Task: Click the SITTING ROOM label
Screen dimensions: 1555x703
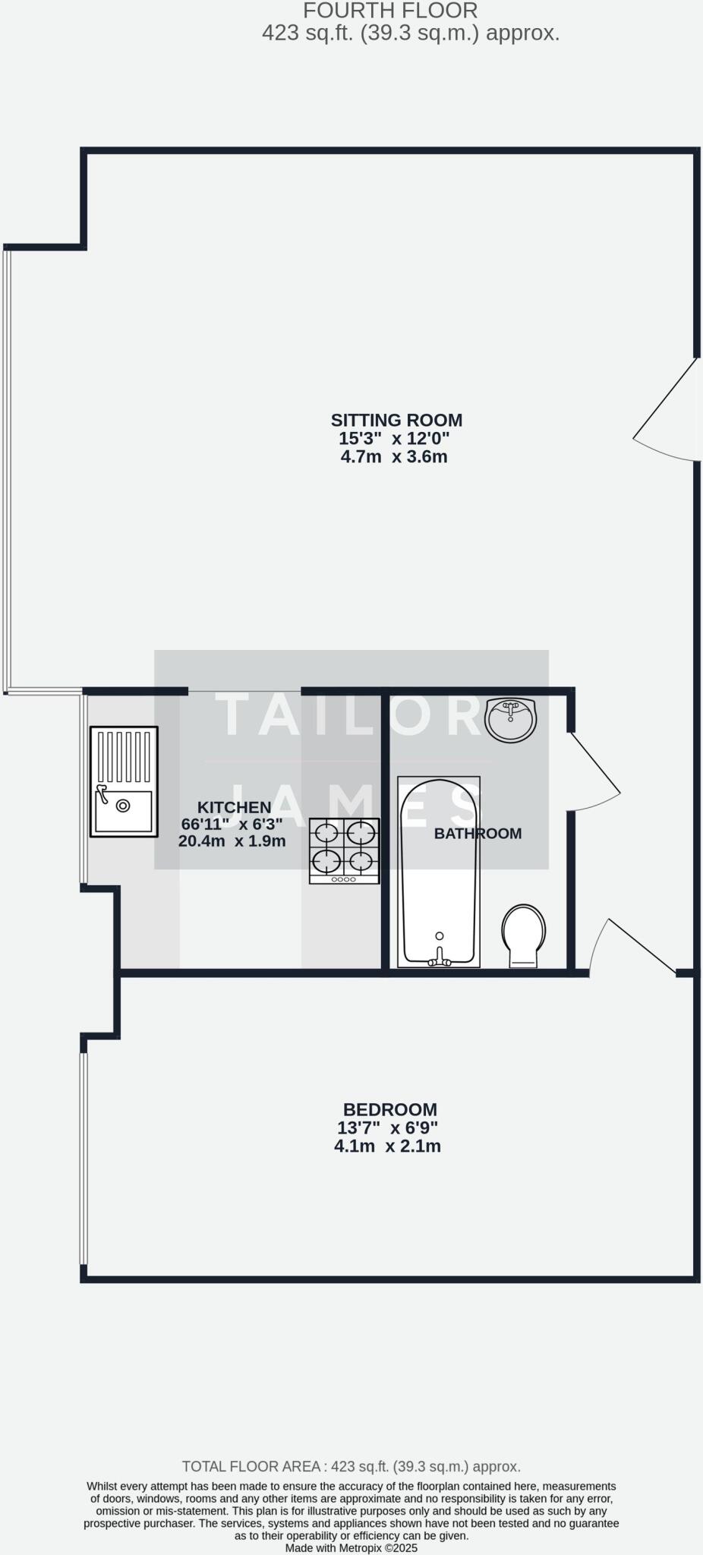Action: [396, 420]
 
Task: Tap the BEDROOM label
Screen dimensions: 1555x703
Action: [389, 1109]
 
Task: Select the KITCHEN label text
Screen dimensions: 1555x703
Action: [234, 807]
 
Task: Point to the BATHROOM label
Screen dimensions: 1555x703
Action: [478, 833]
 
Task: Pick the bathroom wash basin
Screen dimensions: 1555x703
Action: [511, 719]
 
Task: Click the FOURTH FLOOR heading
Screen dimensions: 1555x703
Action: [390, 11]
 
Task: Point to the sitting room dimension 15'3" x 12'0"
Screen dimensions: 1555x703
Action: [394, 438]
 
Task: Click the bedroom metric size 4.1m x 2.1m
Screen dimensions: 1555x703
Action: [387, 1146]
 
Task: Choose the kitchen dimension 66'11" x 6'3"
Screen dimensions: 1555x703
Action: [232, 824]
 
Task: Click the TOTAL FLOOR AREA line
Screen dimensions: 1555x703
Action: [351, 1466]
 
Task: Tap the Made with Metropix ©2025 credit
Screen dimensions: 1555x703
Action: [351, 1547]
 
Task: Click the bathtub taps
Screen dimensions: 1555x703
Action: [439, 960]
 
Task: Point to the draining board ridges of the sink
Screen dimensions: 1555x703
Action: [124, 757]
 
